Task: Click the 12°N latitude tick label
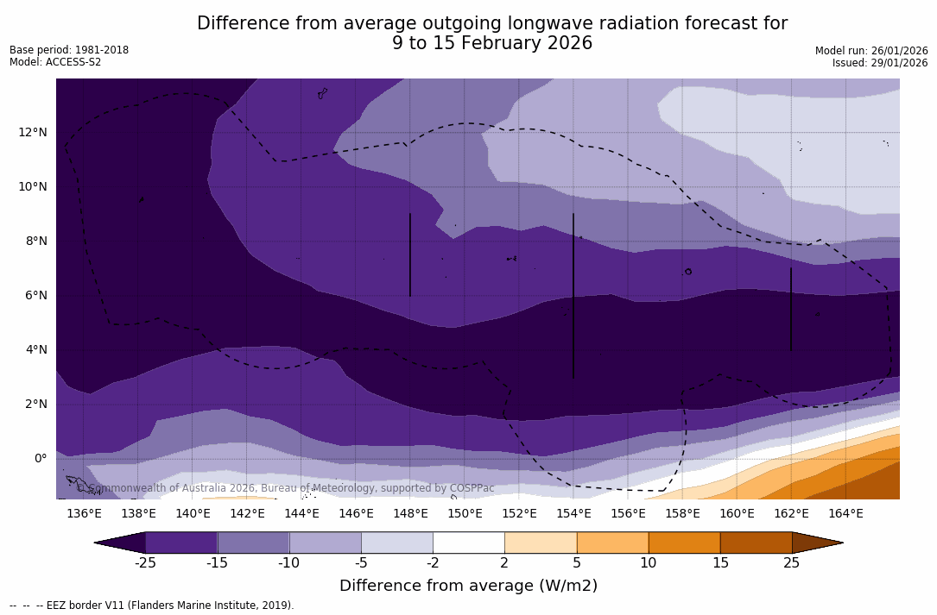point(33,132)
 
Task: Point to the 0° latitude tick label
point(40,458)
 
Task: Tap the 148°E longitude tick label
point(410,513)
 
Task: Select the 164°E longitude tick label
point(845,513)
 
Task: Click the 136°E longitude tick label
point(84,513)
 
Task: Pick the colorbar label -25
point(145,563)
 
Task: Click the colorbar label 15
point(720,563)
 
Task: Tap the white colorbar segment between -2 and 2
point(469,543)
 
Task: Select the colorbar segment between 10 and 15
point(684,543)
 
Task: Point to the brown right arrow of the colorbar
point(816,543)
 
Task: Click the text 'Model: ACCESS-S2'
point(55,62)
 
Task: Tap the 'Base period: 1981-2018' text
point(69,50)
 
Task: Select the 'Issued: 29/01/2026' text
point(880,63)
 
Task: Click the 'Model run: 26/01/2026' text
point(871,51)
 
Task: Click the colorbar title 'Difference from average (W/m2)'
point(468,586)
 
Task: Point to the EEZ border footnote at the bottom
point(152,606)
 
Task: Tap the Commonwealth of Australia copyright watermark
point(286,488)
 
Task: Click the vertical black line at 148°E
point(409,254)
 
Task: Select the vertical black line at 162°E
point(790,309)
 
